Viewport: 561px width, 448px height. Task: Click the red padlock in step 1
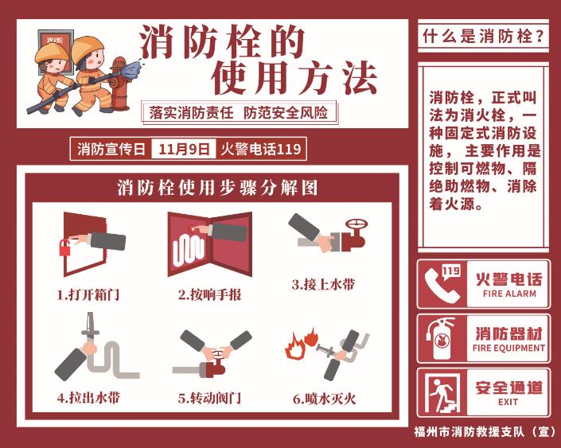tap(65, 247)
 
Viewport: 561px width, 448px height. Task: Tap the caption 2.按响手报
tap(209, 295)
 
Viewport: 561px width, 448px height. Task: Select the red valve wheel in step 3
tap(356, 224)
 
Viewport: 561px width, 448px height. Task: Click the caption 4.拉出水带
tap(88, 398)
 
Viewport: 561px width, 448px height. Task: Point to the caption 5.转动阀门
tap(209, 398)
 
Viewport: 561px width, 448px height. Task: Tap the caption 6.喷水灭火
tap(325, 398)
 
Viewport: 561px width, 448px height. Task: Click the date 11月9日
tap(184, 149)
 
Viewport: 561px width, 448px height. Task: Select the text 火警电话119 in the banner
tap(261, 149)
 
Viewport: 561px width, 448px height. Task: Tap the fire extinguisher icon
tap(441, 338)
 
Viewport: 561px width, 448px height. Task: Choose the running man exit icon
tap(442, 393)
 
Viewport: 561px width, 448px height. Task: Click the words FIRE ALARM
tap(509, 294)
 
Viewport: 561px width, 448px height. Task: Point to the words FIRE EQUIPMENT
tap(508, 348)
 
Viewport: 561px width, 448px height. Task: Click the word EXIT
tap(508, 402)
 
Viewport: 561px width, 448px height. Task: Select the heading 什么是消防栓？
tap(483, 36)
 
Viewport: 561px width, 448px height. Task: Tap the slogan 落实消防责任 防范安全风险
tap(238, 113)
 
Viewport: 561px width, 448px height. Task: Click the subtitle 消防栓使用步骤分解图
tap(217, 188)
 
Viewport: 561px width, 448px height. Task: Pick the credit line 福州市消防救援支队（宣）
tap(485, 431)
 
